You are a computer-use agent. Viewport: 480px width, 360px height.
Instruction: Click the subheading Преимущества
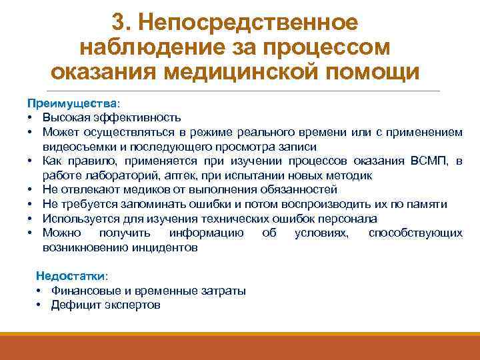71,104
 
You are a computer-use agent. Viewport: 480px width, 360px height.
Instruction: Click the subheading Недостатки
71,275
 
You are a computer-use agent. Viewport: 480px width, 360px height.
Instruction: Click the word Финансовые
84,291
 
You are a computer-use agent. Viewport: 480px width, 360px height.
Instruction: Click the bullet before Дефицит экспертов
40,305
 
